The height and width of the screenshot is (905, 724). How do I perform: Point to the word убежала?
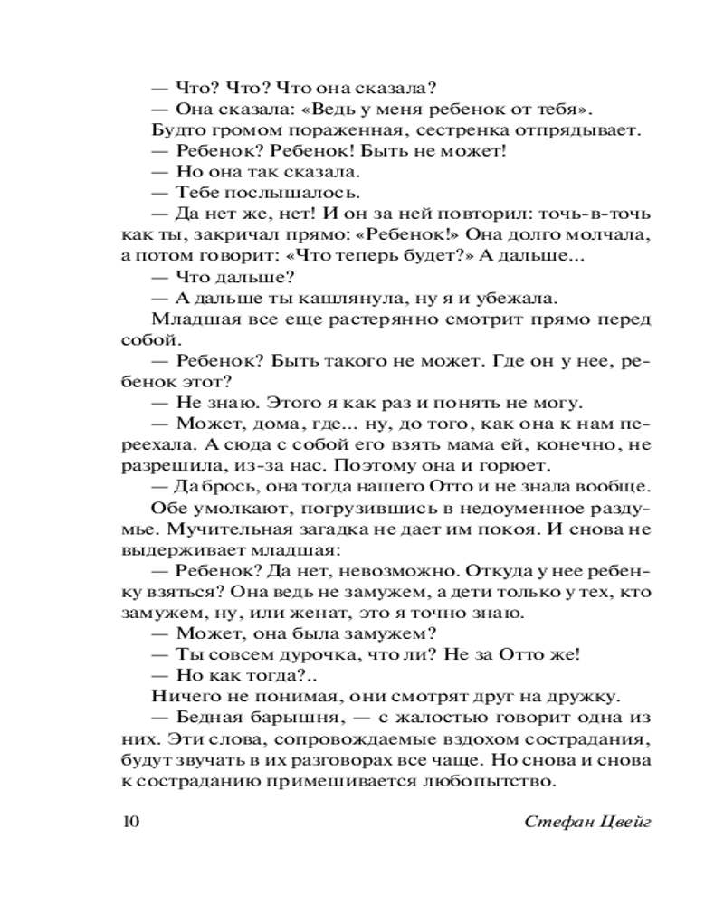coord(510,299)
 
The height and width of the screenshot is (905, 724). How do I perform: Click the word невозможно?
coord(407,571)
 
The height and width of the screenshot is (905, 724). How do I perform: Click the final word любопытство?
coord(501,780)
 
